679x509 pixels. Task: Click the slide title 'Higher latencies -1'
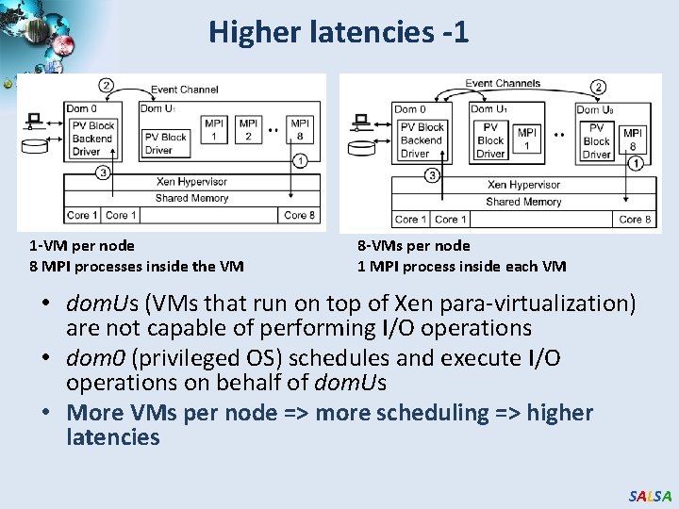click(x=339, y=32)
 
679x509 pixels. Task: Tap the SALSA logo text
click(x=650, y=496)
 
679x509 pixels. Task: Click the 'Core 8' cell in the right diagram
click(x=635, y=219)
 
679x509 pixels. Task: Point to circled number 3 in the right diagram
click(x=432, y=175)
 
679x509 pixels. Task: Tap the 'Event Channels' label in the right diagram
click(x=503, y=83)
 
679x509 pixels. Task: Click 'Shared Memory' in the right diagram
click(x=523, y=202)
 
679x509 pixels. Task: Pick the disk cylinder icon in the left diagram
click(x=35, y=146)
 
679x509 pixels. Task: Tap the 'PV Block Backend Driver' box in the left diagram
click(x=92, y=139)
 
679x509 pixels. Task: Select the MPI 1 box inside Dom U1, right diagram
click(x=527, y=139)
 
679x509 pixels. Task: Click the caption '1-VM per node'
click(x=82, y=246)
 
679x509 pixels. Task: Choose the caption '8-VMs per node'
click(x=413, y=246)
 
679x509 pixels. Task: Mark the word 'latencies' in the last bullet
click(x=113, y=437)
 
